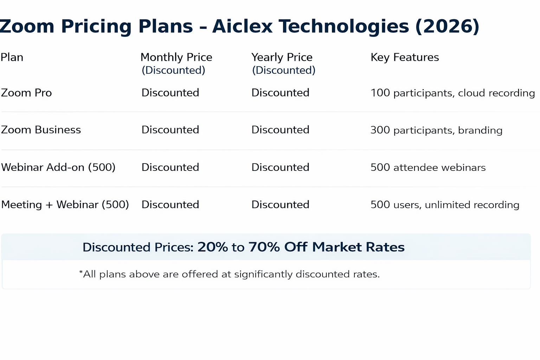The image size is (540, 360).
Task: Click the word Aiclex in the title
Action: point(242,26)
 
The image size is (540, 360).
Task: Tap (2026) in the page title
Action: point(448,26)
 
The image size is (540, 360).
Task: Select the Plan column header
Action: point(12,57)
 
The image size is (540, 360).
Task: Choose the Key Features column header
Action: point(405,57)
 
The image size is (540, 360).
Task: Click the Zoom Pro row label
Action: point(26,93)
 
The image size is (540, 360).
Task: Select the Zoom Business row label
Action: point(41,130)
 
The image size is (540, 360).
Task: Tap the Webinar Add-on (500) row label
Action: point(58,167)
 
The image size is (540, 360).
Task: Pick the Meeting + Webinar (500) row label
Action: point(65,205)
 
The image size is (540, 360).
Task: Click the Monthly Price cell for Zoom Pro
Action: point(170,92)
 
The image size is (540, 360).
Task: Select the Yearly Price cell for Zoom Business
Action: point(280,130)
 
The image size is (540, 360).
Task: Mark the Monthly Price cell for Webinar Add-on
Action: point(170,167)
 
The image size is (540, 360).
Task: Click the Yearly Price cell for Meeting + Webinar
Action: point(280,205)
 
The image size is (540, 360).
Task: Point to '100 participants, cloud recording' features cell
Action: point(453,93)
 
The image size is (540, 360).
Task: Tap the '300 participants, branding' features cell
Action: point(437,130)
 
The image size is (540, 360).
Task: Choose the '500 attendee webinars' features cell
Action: point(428,167)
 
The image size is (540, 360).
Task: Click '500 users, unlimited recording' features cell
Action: point(445,205)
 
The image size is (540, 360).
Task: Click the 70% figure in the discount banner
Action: point(264,247)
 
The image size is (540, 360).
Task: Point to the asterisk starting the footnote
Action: point(81,272)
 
